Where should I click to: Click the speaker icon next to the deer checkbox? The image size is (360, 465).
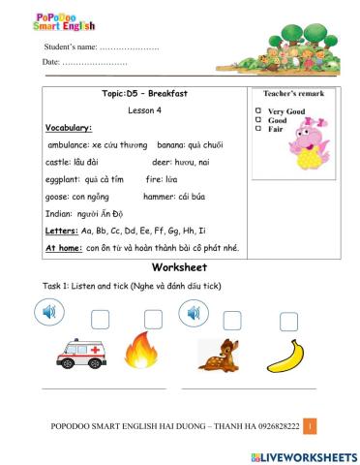(192, 312)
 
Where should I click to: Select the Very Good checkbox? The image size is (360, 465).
(258, 111)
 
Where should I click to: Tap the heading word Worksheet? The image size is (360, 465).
(180, 266)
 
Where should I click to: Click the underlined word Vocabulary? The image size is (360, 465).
(69, 127)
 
